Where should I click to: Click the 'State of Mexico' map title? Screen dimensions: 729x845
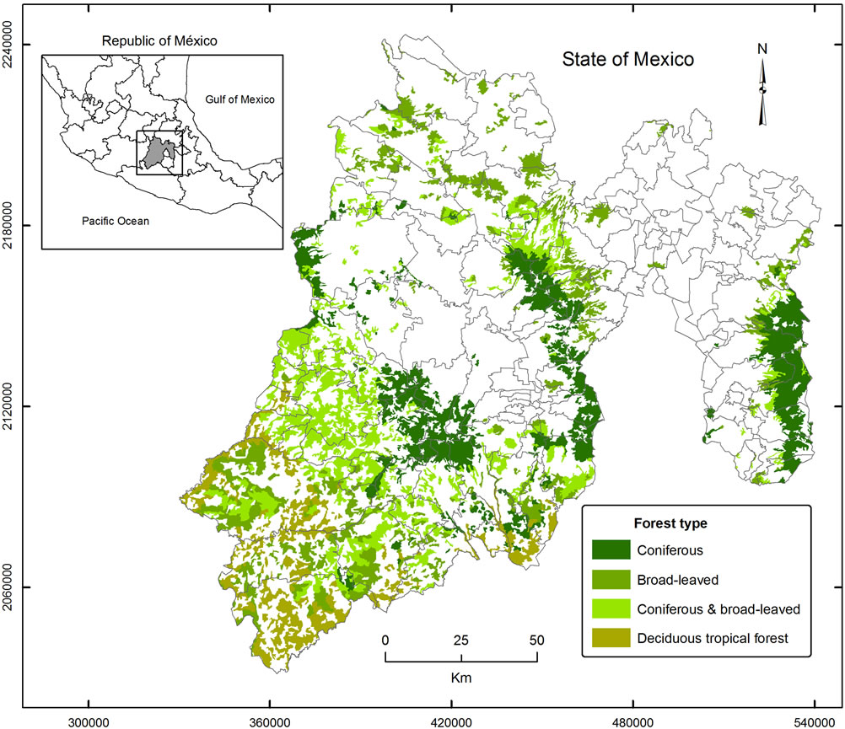pyautogui.click(x=628, y=60)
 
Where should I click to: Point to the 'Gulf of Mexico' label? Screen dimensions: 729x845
pyautogui.click(x=240, y=99)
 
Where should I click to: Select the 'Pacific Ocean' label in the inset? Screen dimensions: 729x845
pyautogui.click(x=115, y=221)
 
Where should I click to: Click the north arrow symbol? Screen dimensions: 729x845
pyautogui.click(x=763, y=93)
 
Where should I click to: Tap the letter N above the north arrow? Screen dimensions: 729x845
pyautogui.click(x=762, y=49)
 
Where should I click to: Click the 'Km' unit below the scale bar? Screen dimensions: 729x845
pyautogui.click(x=460, y=675)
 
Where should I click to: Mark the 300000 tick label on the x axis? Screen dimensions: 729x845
pyautogui.click(x=88, y=721)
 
